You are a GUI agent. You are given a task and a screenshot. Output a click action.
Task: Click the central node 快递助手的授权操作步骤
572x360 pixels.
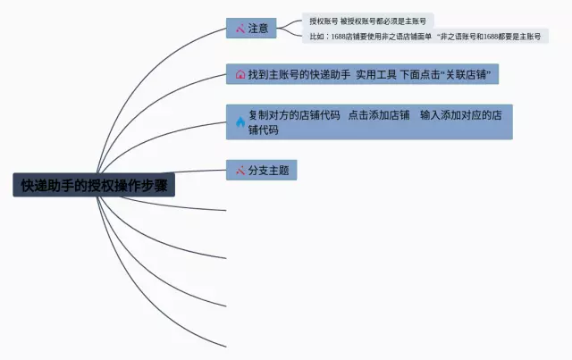[x=94, y=186]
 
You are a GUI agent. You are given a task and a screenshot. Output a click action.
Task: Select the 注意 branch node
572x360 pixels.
[x=251, y=29]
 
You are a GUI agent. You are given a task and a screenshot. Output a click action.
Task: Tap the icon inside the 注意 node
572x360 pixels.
[x=240, y=29]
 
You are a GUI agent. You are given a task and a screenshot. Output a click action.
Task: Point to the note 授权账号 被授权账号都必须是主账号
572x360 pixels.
[x=366, y=20]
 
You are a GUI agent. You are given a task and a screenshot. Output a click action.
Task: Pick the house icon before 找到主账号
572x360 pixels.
[x=240, y=75]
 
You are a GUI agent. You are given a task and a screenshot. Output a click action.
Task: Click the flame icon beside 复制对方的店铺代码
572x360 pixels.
[x=240, y=122]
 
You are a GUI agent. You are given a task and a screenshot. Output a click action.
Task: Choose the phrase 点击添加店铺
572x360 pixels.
[x=379, y=115]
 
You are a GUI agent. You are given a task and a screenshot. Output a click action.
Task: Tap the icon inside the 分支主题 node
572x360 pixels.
[x=240, y=170]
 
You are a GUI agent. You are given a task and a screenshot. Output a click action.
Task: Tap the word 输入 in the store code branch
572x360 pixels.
[x=430, y=115]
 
